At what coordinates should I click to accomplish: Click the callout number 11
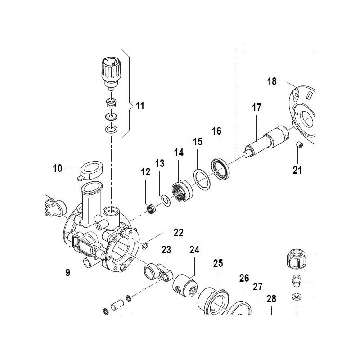pyautogui.click(x=140, y=106)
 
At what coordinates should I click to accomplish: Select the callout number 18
pyautogui.click(x=272, y=81)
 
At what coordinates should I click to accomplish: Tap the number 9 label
pyautogui.click(x=67, y=272)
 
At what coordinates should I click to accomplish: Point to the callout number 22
pyautogui.click(x=179, y=233)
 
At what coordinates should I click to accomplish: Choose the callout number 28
pyautogui.click(x=271, y=299)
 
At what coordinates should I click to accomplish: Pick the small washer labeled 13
pyautogui.click(x=165, y=200)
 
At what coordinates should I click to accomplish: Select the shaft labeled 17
pyautogui.click(x=265, y=140)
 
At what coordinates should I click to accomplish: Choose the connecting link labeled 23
pyautogui.click(x=156, y=272)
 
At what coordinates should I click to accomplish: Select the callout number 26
pyautogui.click(x=244, y=279)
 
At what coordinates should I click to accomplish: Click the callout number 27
pyautogui.click(x=258, y=287)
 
